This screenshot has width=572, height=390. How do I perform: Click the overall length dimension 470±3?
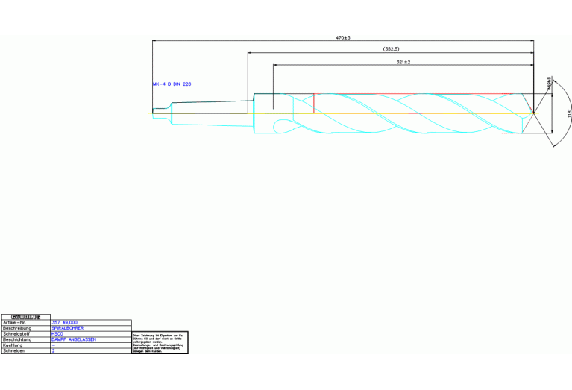(343, 37)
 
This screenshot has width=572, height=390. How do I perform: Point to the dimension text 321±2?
(404, 62)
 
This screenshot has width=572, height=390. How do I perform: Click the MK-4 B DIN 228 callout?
(172, 84)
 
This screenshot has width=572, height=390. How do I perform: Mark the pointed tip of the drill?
(534, 113)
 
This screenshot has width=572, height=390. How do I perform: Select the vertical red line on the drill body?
(314, 104)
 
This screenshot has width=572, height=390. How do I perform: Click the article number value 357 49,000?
(65, 322)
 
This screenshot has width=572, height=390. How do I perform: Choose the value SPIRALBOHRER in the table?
(68, 328)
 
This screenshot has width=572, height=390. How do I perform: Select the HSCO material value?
(57, 333)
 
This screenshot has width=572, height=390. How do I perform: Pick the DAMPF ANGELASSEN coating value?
(74, 339)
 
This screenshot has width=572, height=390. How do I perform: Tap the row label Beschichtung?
(17, 339)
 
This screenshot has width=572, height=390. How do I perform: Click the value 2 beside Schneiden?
(53, 350)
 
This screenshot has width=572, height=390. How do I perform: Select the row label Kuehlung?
(13, 345)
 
